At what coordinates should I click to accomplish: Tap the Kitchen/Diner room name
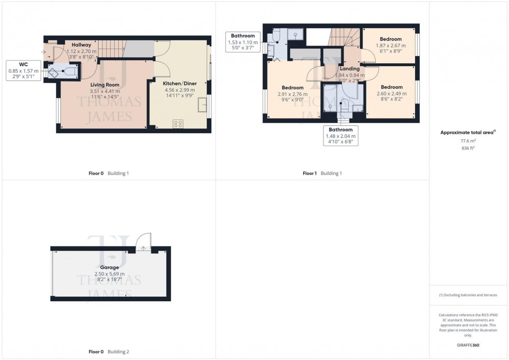[180, 83]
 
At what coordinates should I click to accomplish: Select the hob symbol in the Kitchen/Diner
[178, 124]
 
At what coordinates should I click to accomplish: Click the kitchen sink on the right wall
[203, 106]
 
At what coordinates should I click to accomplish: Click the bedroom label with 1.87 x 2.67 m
[391, 39]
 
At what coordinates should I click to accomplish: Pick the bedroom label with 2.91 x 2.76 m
[292, 88]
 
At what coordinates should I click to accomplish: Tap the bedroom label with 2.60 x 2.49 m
[391, 87]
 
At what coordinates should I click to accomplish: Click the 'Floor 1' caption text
[310, 173]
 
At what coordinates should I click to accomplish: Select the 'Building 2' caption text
[118, 352]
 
